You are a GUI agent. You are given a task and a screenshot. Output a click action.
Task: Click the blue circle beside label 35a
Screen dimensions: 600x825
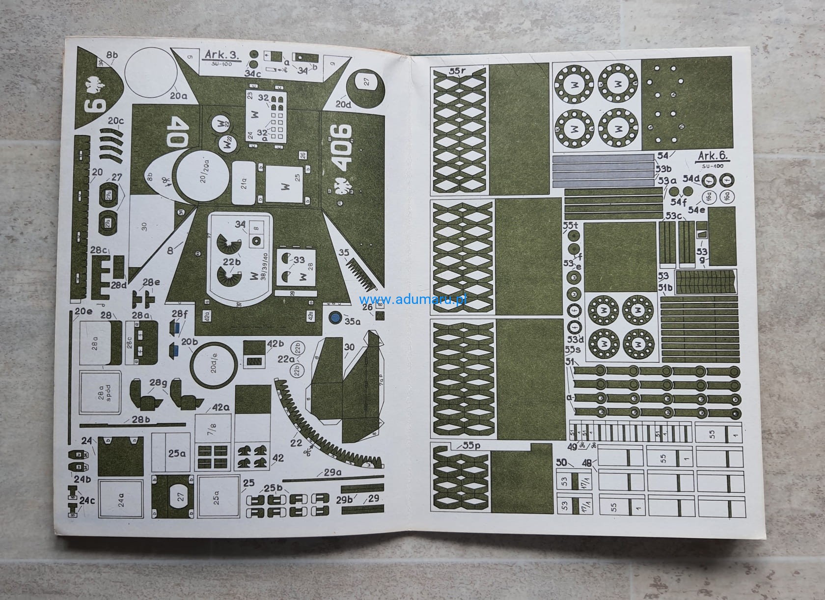tap(335, 318)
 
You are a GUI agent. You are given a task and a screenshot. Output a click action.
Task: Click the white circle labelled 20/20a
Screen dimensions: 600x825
tap(203, 178)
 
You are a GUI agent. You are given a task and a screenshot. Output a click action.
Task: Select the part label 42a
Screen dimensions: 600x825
tap(221, 408)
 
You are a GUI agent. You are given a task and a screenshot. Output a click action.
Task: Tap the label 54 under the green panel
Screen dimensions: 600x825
tap(662, 156)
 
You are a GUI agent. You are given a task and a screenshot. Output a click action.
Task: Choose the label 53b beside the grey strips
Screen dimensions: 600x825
tap(663, 169)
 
